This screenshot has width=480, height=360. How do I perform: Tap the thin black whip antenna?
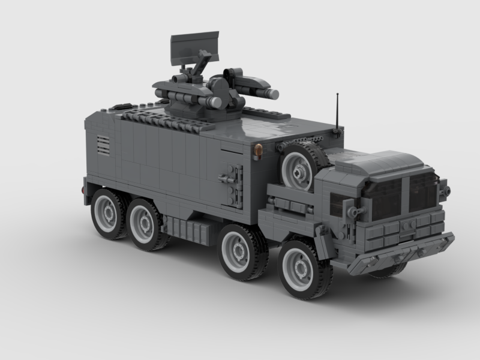point(337,112)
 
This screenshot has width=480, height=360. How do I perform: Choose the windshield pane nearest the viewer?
point(386,199)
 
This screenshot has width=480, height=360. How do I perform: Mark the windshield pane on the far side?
point(423,191)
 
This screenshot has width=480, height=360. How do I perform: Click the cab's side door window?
point(339,204)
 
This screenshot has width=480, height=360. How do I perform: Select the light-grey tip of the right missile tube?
point(273,94)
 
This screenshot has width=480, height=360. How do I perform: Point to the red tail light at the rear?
point(81,190)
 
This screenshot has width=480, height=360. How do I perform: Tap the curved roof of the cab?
point(384,162)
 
